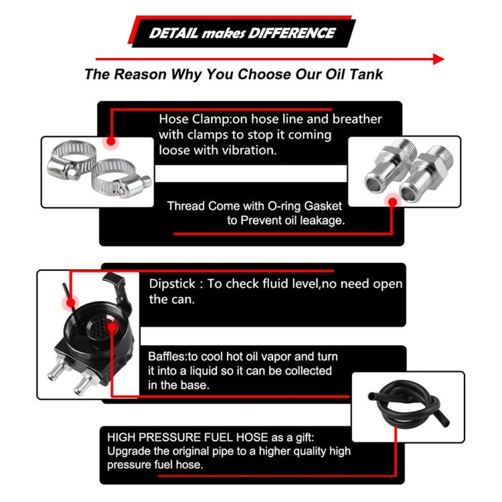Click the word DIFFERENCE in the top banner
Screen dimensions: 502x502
point(291,33)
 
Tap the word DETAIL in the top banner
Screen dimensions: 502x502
point(173,33)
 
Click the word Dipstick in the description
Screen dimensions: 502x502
point(172,284)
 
